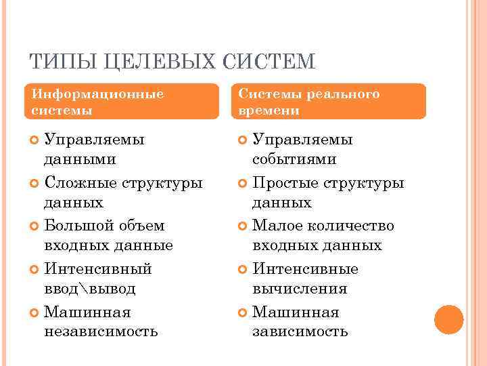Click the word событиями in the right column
pyautogui.click(x=294, y=159)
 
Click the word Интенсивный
pyautogui.click(x=98, y=269)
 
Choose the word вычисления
pyautogui.click(x=300, y=289)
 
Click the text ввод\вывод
pyautogui.click(x=90, y=289)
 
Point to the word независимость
pyautogui.click(x=101, y=331)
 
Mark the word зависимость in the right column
pyautogui.click(x=300, y=331)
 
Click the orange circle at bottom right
pyautogui.click(x=449, y=319)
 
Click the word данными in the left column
pyautogui.click(x=79, y=159)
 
